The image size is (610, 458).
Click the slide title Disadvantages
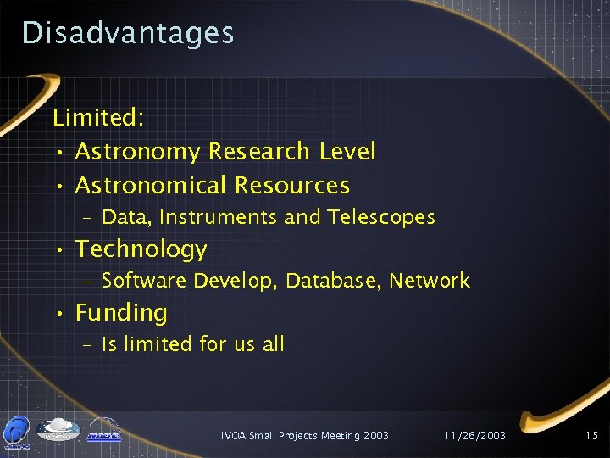pos(127,32)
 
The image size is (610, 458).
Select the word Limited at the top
pos(97,118)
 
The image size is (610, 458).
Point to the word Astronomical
pos(152,185)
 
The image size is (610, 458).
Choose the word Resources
pos(291,185)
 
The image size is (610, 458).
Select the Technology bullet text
pos(141,249)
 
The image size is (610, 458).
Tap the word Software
pos(144,281)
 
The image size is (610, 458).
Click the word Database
pos(332,281)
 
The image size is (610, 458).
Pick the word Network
pos(430,281)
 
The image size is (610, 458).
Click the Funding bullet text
pos(121,313)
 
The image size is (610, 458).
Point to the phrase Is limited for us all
pos(193,344)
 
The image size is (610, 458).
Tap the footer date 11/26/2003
pos(475,435)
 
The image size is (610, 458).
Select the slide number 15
pos(592,435)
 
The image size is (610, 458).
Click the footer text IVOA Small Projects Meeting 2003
pos(304,435)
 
